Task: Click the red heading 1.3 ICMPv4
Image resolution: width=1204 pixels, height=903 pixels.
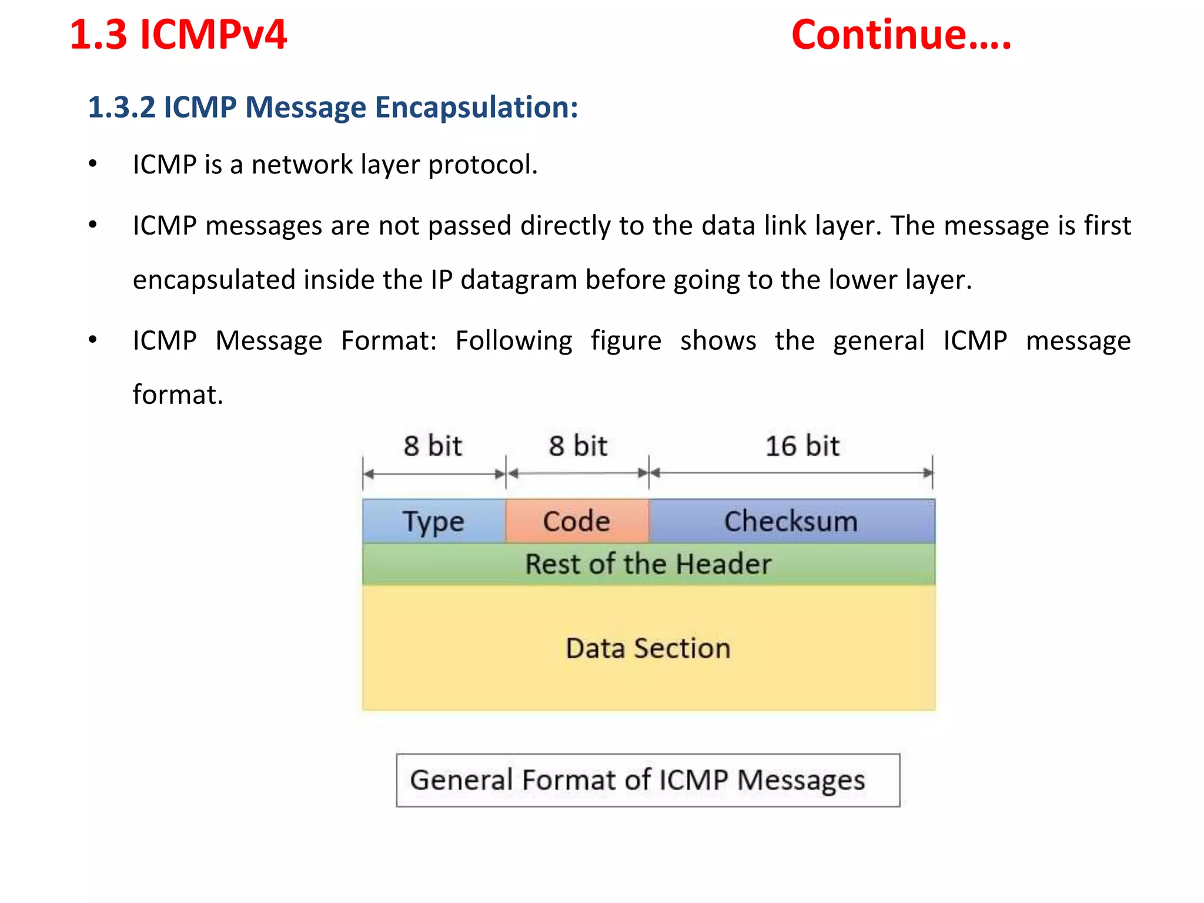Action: click(x=178, y=35)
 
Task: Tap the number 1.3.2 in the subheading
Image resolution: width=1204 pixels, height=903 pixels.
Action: click(x=121, y=108)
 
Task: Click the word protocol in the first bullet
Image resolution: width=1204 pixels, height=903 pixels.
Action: click(x=482, y=165)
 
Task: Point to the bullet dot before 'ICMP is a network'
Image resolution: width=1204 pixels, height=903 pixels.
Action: click(x=92, y=164)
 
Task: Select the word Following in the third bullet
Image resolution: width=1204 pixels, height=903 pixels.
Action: click(x=513, y=341)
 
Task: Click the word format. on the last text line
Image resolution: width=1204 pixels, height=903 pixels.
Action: click(x=178, y=394)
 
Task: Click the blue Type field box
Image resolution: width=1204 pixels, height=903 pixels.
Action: click(x=433, y=521)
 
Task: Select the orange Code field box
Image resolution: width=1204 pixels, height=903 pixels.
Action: click(x=577, y=521)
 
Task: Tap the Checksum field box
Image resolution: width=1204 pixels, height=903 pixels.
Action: click(x=791, y=521)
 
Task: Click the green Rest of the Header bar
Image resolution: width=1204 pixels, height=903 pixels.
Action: click(x=648, y=564)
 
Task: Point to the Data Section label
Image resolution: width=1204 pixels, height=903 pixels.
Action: click(x=648, y=648)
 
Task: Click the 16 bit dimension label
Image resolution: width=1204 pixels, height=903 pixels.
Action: click(x=802, y=446)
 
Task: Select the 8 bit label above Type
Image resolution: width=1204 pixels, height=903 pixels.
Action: click(x=433, y=446)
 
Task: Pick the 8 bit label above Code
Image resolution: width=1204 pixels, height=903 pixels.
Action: click(x=577, y=446)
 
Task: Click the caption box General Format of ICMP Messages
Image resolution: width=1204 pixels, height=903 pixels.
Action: click(x=648, y=780)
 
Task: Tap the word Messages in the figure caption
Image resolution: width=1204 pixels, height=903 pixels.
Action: click(x=801, y=781)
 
